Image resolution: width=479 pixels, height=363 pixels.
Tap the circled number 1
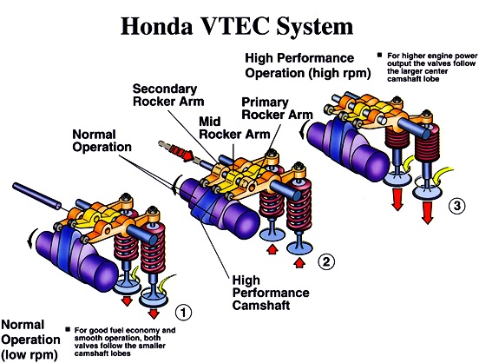[183, 313]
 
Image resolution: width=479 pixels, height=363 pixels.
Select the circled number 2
[326, 261]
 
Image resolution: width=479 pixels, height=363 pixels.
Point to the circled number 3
[456, 205]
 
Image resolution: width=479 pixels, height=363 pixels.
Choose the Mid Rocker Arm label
[234, 128]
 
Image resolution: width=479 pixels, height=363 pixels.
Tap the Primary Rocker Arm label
[277, 109]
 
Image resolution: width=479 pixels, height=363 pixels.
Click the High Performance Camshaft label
[271, 293]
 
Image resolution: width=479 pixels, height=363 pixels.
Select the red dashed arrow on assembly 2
[176, 150]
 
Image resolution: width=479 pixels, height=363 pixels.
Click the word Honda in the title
[157, 26]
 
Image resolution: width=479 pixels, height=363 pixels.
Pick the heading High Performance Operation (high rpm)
[308, 66]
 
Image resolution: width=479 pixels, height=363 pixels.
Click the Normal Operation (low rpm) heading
[31, 340]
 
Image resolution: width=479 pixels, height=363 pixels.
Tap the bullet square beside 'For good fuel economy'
[68, 329]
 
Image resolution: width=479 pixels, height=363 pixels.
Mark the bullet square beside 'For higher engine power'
[380, 55]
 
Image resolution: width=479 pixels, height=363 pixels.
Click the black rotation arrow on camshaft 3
[303, 129]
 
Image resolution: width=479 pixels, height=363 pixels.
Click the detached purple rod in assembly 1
[36, 196]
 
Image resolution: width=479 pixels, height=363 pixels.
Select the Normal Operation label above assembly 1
[102, 141]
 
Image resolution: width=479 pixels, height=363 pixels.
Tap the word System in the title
[315, 27]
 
